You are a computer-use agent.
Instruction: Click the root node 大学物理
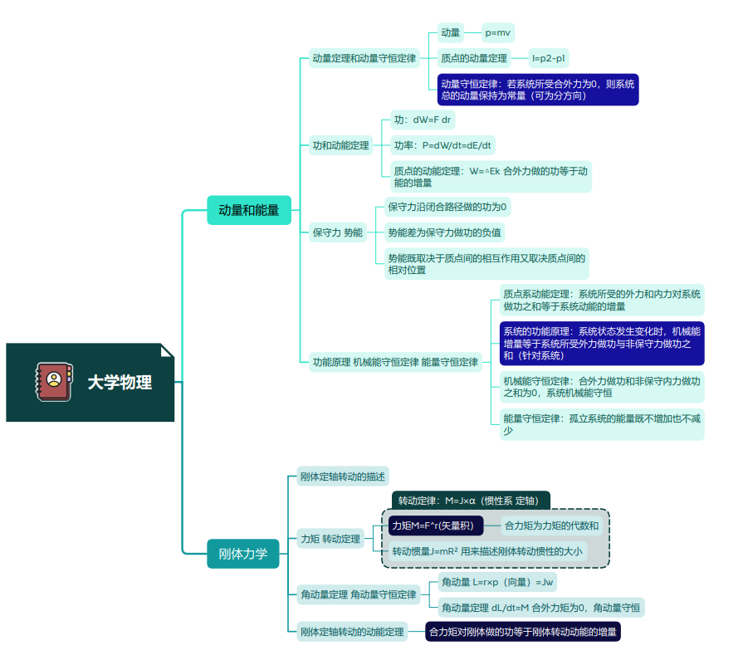120,383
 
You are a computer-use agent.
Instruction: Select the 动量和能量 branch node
248,210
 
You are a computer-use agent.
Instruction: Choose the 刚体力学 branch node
242,553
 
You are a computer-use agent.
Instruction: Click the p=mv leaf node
498,32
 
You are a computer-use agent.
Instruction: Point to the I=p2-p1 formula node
549,58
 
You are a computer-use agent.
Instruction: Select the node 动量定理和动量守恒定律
364,58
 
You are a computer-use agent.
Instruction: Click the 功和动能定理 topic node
340,145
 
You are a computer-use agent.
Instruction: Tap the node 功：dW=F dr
423,120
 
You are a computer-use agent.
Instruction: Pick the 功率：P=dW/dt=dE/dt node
442,145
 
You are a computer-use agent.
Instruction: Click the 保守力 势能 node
337,232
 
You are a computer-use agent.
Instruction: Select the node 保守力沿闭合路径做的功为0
447,207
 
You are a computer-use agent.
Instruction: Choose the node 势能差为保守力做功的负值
445,232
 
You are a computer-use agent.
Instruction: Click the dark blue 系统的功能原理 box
601,343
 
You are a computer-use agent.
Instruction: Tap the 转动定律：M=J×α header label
471,501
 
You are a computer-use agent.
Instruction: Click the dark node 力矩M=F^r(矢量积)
435,526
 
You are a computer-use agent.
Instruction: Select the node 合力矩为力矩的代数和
551,526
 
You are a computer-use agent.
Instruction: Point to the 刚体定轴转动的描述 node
342,477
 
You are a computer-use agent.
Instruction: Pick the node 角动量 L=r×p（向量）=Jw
497,582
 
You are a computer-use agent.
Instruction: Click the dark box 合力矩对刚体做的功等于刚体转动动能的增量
523,632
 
